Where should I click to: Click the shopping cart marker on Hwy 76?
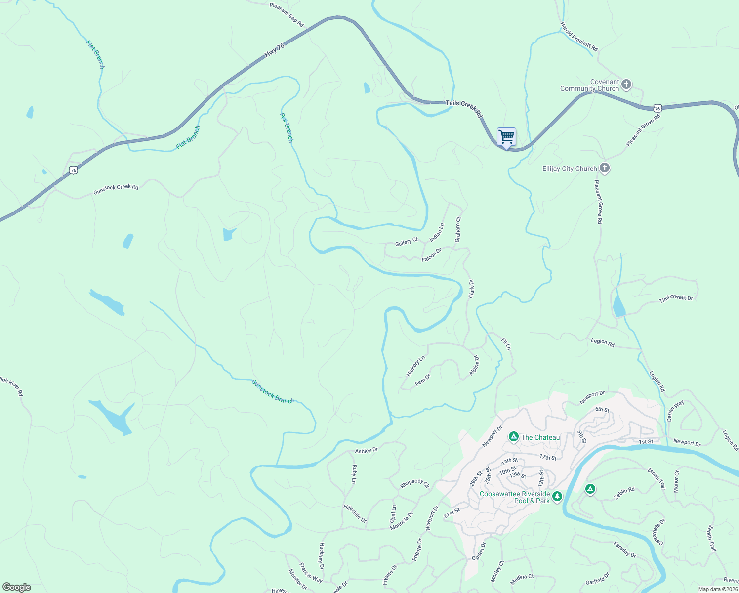pyautogui.click(x=506, y=137)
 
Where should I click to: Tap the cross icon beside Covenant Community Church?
pyautogui.click(x=626, y=85)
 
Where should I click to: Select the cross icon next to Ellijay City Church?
pyautogui.click(x=604, y=169)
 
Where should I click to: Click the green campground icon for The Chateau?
pyautogui.click(x=514, y=437)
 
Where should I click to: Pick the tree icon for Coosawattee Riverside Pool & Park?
pyautogui.click(x=557, y=496)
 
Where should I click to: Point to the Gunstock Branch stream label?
pyautogui.click(x=273, y=391)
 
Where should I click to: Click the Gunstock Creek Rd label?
pyautogui.click(x=116, y=189)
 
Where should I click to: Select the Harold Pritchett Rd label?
pyautogui.click(x=579, y=37)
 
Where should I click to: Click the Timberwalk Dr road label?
pyautogui.click(x=676, y=299)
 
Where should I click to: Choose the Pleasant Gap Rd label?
pyautogui.click(x=287, y=15)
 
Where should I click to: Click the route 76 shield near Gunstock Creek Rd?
pyautogui.click(x=74, y=170)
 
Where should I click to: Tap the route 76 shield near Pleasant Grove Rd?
pyautogui.click(x=657, y=108)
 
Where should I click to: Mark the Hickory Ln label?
pyautogui.click(x=415, y=366)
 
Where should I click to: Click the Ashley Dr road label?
pyautogui.click(x=367, y=450)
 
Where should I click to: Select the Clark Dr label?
pyautogui.click(x=471, y=289)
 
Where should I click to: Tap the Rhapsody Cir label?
pyautogui.click(x=415, y=483)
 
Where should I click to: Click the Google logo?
pyautogui.click(x=17, y=587)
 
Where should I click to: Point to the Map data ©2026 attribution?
pyautogui.click(x=717, y=589)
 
